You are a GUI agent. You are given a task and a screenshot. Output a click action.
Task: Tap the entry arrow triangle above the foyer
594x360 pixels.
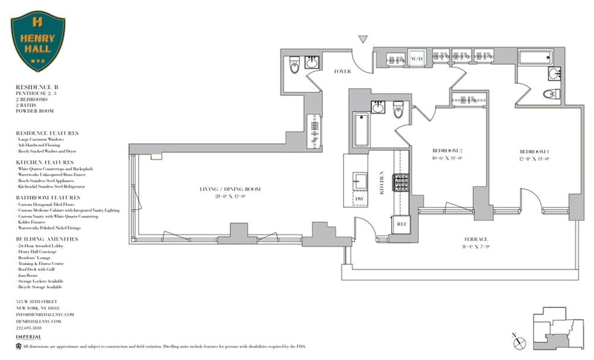click(363, 39)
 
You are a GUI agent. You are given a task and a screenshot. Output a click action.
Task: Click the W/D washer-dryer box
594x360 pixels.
click(417, 58)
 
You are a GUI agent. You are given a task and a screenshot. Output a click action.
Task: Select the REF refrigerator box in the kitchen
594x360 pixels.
click(401, 222)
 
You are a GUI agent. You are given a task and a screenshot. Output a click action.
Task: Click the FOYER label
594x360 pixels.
click(342, 72)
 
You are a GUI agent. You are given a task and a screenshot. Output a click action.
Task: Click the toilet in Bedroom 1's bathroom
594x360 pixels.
click(551, 94)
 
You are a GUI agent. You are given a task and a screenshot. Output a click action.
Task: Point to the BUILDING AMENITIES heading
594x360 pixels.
click(48, 238)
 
